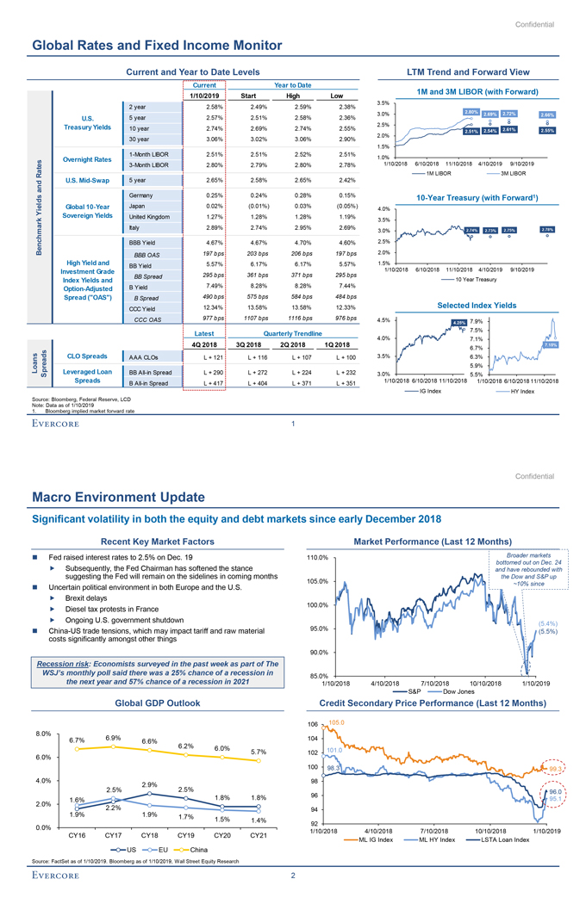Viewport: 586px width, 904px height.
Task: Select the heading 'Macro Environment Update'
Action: point(119,497)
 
